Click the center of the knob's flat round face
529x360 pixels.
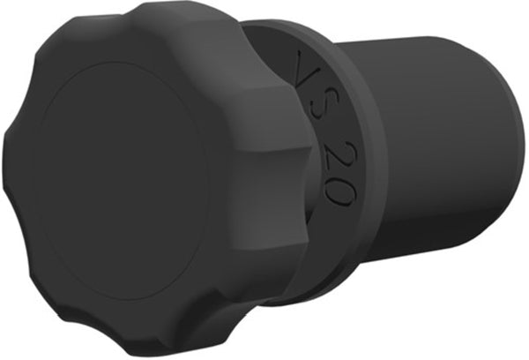point(122,181)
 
